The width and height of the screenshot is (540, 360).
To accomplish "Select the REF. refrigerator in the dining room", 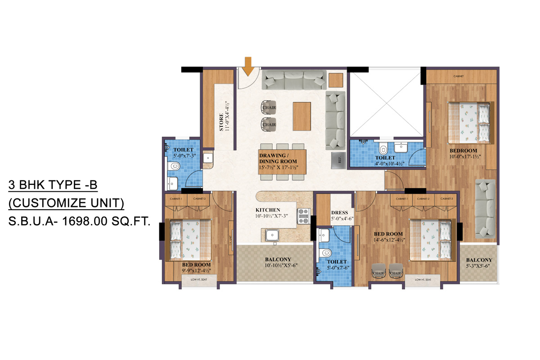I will coord(338,159).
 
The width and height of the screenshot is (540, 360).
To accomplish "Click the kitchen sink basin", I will coord(271,235).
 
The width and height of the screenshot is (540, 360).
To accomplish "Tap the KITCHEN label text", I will coord(268,210).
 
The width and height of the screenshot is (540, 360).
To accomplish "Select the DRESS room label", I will coord(340,213).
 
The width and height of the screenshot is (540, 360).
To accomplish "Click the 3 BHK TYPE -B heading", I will coord(53,185).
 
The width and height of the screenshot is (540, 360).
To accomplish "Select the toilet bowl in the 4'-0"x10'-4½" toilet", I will coord(383,148).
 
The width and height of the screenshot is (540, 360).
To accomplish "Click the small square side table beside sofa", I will coord(335,80).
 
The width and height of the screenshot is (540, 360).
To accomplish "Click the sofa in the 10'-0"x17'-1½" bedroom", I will coord(486,207).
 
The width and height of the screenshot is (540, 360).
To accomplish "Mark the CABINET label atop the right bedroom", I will coord(459,76).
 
